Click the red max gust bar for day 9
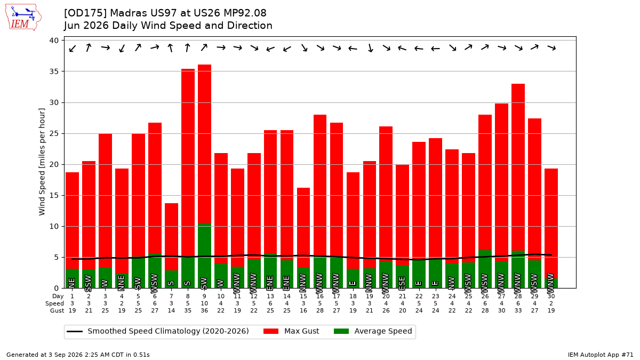(204, 143)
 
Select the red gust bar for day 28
(518, 167)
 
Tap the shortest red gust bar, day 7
(171, 237)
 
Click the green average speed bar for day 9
(204, 255)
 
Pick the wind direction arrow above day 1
(73, 49)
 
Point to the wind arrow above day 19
(370, 47)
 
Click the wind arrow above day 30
(551, 47)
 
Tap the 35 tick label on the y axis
(54, 71)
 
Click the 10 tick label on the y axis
(54, 226)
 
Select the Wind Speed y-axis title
(42, 162)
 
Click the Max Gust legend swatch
(270, 331)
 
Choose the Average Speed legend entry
(373, 331)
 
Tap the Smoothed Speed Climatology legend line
(75, 331)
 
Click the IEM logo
(23, 17)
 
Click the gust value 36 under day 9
(204, 310)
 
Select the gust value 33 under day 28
(518, 310)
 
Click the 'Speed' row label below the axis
(54, 303)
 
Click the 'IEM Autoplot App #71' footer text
(601, 355)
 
